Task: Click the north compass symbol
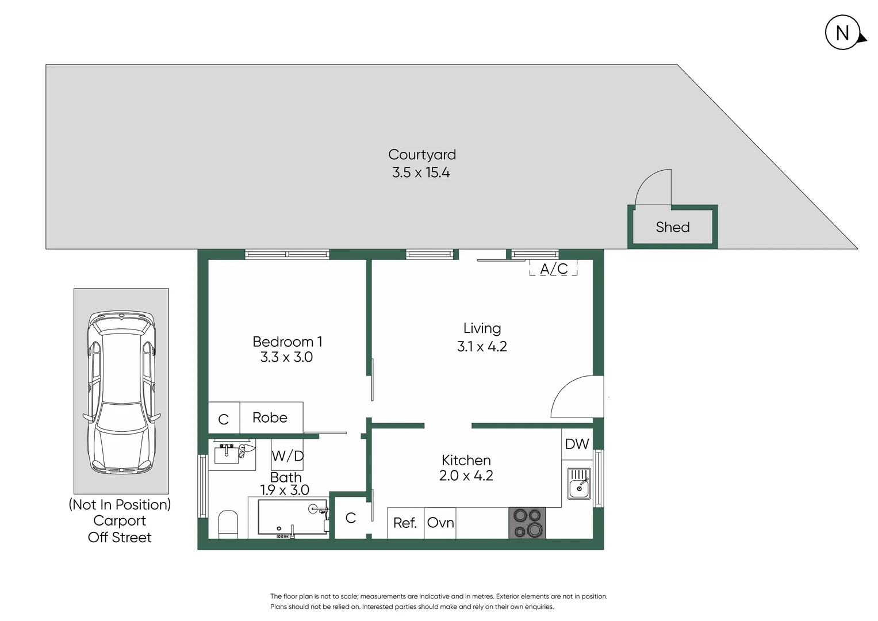(x=843, y=33)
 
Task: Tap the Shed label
(x=673, y=227)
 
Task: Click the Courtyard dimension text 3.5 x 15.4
(x=421, y=172)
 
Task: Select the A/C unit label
(x=554, y=269)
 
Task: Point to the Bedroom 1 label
(x=287, y=342)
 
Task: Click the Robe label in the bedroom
(x=270, y=417)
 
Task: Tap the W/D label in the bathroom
(x=287, y=456)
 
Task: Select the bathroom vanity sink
(x=227, y=454)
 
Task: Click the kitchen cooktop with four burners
(x=527, y=523)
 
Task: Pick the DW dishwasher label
(x=577, y=444)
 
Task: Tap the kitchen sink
(x=579, y=484)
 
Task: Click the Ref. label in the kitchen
(x=405, y=523)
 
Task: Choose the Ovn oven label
(x=440, y=523)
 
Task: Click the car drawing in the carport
(x=121, y=392)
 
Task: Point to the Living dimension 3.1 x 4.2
(x=482, y=347)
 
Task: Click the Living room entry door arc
(x=577, y=397)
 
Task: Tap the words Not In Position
(x=120, y=504)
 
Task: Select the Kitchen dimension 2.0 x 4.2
(x=466, y=476)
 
